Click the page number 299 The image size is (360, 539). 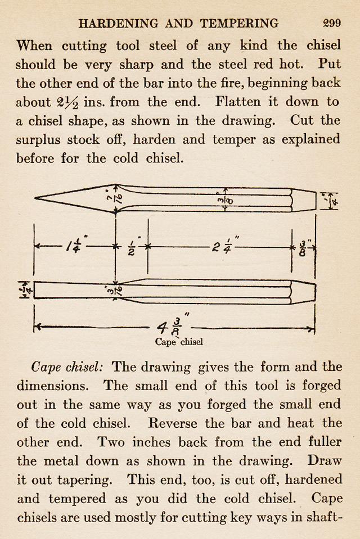332,24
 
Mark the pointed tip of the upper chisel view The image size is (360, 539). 36,198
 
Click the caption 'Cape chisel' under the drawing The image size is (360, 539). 179,341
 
